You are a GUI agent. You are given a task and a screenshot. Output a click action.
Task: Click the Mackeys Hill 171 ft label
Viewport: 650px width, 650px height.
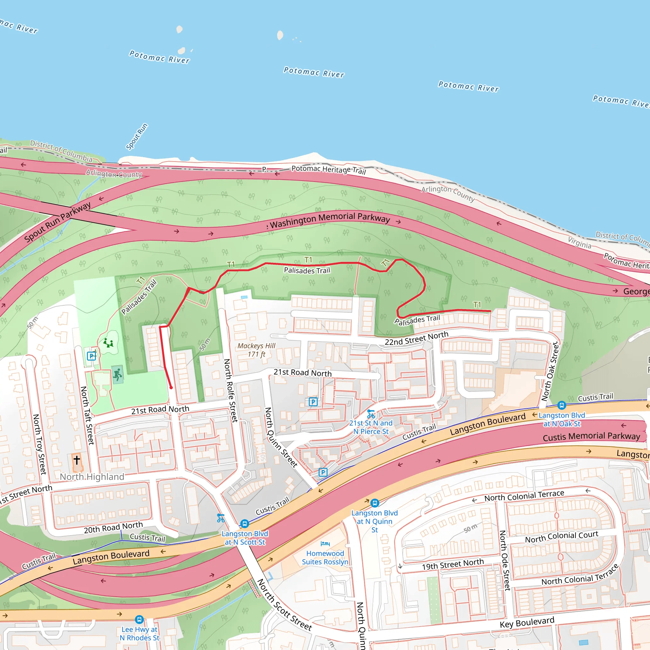[x=256, y=350]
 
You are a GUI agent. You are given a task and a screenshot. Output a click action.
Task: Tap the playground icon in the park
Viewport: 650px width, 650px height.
[x=108, y=343]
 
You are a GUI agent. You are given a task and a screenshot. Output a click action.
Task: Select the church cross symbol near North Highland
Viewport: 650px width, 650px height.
[x=77, y=460]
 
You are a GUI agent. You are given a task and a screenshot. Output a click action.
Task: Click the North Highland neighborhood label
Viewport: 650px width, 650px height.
[x=92, y=477]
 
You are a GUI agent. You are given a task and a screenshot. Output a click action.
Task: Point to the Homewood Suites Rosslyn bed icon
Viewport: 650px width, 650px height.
[x=325, y=543]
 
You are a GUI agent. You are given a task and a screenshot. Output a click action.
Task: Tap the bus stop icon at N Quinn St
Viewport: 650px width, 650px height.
[x=375, y=503]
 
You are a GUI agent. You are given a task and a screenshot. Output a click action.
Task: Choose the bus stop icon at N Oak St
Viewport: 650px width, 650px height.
[x=561, y=405]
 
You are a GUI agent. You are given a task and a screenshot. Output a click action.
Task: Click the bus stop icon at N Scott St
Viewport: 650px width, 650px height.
[x=245, y=524]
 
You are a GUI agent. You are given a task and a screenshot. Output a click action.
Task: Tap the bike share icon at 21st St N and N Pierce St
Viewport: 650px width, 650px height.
[x=371, y=414]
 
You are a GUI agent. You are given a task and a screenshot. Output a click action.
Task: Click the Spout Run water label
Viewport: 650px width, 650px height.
[x=136, y=136]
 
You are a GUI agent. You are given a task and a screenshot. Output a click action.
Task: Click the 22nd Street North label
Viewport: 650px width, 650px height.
[x=416, y=338]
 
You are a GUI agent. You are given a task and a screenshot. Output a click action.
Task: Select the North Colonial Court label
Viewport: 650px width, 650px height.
[x=561, y=537]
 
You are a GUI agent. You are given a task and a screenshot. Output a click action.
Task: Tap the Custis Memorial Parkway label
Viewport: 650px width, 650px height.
[x=592, y=437]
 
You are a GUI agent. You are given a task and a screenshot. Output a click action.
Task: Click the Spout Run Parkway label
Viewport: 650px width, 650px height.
[x=57, y=222]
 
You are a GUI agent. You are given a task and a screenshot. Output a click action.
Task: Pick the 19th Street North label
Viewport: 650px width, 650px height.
[x=453, y=564]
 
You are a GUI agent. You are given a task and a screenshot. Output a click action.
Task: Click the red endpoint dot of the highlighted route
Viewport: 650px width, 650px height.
[x=171, y=388]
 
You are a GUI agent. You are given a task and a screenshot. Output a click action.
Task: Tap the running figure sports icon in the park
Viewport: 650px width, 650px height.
[x=117, y=374]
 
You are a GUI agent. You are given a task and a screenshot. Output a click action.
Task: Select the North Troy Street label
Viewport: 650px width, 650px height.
[x=39, y=444]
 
